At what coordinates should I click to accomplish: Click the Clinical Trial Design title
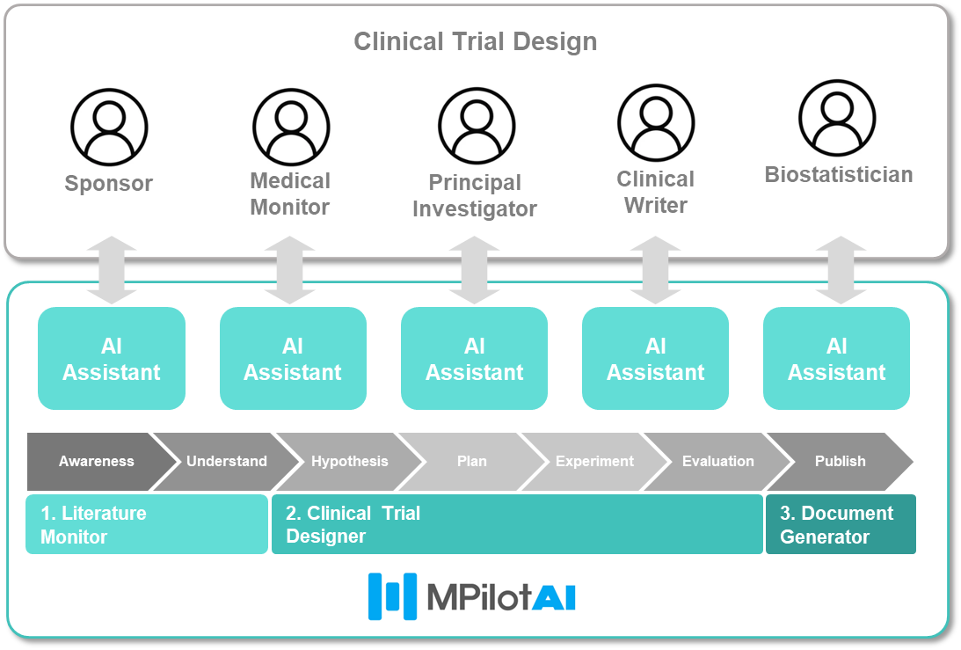coord(475,41)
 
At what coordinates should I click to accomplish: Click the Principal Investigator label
coord(475,195)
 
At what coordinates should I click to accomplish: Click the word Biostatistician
coord(839,175)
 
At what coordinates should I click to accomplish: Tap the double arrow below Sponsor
coord(112,270)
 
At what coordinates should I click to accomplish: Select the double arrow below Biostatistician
coord(841,270)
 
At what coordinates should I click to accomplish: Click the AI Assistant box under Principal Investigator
coord(475,359)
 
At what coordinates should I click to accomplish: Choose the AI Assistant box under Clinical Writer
coord(655,359)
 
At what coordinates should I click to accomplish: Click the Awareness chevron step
coord(97,461)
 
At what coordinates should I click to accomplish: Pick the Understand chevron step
coord(226,461)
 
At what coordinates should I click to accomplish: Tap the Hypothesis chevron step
coord(349,461)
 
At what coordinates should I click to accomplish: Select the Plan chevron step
coord(472,461)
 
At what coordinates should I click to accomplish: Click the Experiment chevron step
coord(594,461)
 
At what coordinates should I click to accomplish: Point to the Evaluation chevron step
coord(717,461)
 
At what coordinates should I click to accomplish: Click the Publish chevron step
coord(841,461)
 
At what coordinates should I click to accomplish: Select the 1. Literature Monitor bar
coord(147,524)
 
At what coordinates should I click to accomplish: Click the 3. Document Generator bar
coord(841,524)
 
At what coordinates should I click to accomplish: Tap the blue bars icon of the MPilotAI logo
coord(392,596)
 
